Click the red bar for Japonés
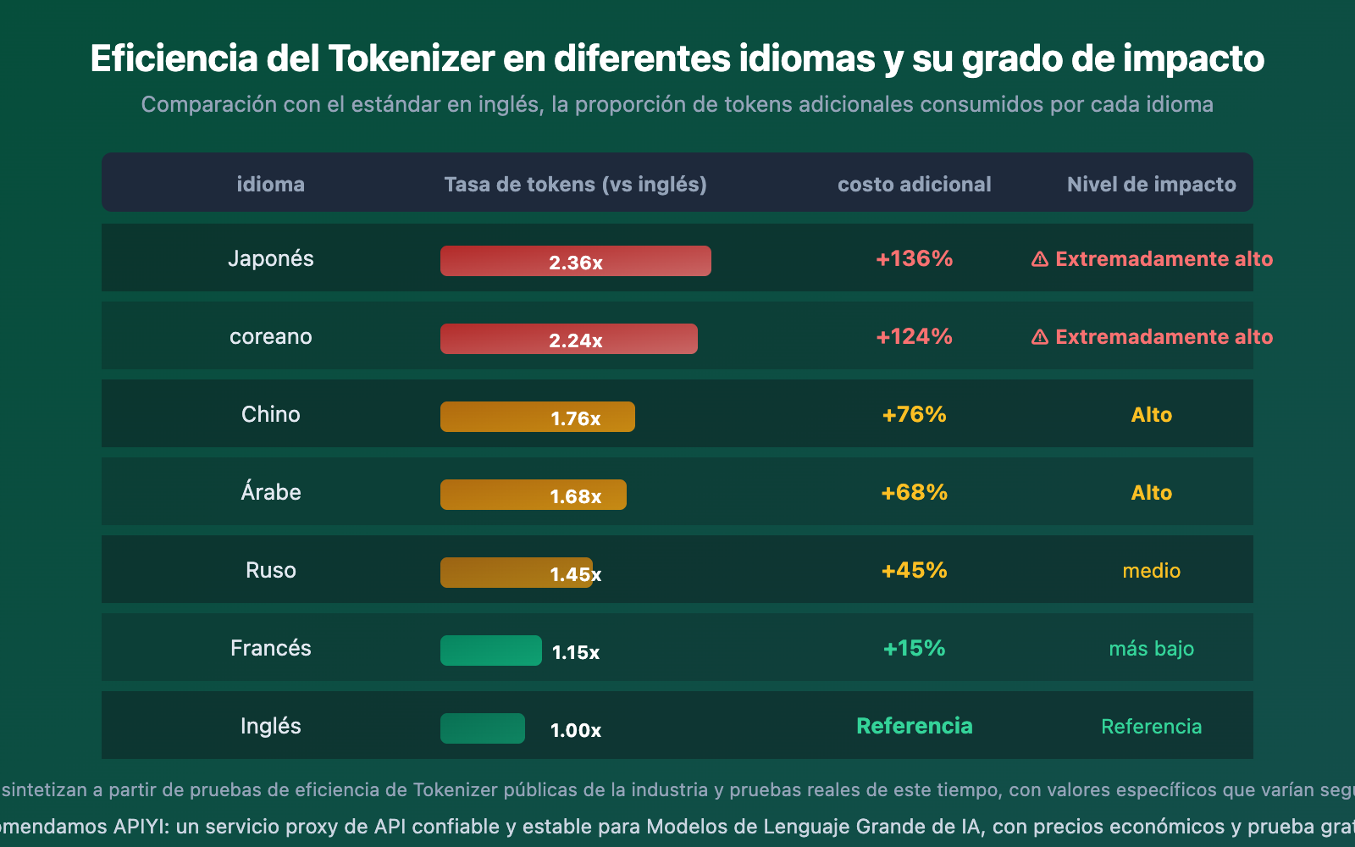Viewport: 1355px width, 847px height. coord(575,261)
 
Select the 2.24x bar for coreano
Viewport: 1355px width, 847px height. coord(568,339)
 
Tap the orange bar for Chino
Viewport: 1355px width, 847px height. coord(537,417)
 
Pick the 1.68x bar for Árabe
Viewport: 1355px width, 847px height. coord(533,495)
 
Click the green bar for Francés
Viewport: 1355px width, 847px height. coord(490,650)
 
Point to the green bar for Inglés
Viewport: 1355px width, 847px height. coord(482,728)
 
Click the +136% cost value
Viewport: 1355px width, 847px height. coord(914,258)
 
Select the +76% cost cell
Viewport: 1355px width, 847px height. coord(914,414)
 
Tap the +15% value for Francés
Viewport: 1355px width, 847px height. coord(914,648)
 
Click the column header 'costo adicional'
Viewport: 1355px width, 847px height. coord(914,184)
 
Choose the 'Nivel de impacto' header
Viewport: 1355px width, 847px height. coord(1151,184)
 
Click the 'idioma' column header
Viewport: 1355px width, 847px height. coord(270,184)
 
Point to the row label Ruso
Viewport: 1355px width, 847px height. coord(270,570)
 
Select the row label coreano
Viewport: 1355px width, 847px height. coord(270,336)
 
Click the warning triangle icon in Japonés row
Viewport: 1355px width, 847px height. coord(1039,259)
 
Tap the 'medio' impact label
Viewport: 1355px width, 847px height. coord(1151,570)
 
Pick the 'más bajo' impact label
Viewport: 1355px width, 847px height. coord(1151,648)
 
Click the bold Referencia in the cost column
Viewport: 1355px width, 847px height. coord(914,726)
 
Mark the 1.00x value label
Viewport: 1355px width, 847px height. coord(575,730)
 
